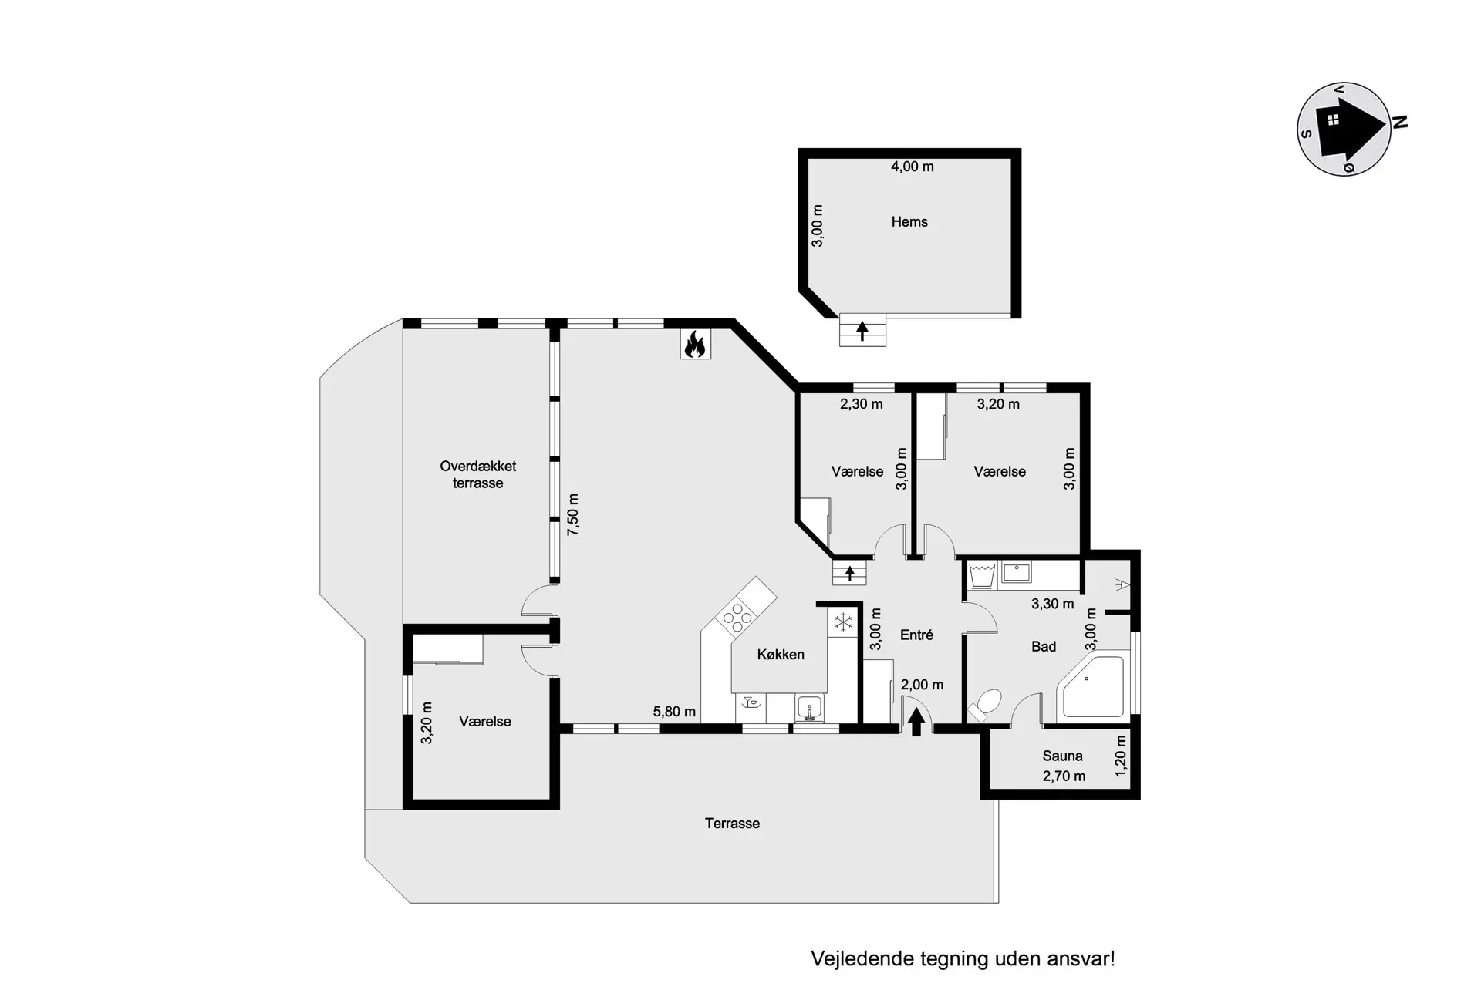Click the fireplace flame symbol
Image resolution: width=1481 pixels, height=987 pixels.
pyautogui.click(x=695, y=345)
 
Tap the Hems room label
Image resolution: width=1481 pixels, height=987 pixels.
pyautogui.click(x=909, y=222)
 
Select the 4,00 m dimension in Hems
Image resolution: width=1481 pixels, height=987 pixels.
pyautogui.click(x=913, y=167)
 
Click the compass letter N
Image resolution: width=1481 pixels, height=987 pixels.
pyautogui.click(x=1400, y=122)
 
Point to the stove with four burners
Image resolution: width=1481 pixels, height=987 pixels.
pyautogui.click(x=737, y=617)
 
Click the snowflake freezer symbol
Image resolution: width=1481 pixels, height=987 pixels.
pyautogui.click(x=843, y=622)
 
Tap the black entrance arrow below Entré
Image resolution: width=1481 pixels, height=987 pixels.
pyautogui.click(x=916, y=723)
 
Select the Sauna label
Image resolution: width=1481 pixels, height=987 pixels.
pyautogui.click(x=1062, y=756)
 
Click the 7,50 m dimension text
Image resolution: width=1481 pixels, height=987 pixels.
pyautogui.click(x=573, y=515)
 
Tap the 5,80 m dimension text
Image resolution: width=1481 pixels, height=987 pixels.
pyautogui.click(x=674, y=712)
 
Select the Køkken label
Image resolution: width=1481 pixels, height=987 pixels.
pyautogui.click(x=781, y=655)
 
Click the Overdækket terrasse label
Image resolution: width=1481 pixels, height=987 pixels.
pyautogui.click(x=477, y=475)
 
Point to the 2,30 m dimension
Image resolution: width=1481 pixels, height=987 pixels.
pyautogui.click(x=862, y=404)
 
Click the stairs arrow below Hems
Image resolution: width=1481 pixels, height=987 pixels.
pyautogui.click(x=862, y=332)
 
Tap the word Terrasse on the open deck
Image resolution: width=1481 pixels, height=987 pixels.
pyautogui.click(x=732, y=824)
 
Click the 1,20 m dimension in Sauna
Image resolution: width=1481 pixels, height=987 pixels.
pyautogui.click(x=1121, y=756)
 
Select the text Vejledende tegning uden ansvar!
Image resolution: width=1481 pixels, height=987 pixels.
pyautogui.click(x=963, y=959)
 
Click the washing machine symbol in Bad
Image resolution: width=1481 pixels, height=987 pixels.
pyautogui.click(x=982, y=575)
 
